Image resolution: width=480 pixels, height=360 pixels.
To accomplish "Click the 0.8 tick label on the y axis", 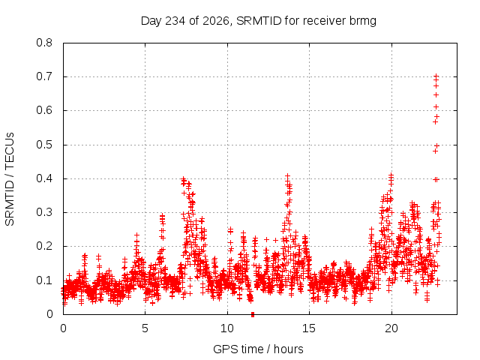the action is coord(44,43).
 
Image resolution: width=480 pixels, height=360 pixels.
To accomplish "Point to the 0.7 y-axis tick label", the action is coord(44,76).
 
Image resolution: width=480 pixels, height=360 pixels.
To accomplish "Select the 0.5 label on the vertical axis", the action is coord(44,145).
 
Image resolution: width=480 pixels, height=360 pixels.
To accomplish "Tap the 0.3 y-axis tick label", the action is coord(44,212).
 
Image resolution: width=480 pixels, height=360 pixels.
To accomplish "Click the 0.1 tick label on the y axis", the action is coord(44,280).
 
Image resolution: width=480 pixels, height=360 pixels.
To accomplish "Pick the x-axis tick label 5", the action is coord(145,328).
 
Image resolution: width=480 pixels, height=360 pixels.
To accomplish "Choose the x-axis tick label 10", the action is coord(227,328).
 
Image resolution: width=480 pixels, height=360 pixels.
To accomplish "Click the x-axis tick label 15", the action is coord(309,328).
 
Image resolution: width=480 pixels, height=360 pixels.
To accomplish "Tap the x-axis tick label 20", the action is coord(391,328).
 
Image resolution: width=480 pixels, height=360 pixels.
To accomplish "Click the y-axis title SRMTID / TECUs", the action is coord(10,179).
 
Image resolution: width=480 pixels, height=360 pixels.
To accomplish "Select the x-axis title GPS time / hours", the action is coord(258,349).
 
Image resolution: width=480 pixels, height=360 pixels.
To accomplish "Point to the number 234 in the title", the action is coord(175,21).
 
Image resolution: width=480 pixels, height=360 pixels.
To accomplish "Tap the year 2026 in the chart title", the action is coord(217,21).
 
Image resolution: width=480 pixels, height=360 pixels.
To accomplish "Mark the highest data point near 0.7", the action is coord(436,75).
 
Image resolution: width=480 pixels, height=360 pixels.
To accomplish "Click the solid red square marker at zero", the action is coord(253,314).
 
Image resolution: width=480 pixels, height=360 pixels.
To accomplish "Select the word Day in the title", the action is coord(151,21).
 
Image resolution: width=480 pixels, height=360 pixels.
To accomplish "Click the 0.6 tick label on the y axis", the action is coord(44,110).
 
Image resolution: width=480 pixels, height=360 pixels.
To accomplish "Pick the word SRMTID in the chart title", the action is coord(259,21).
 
